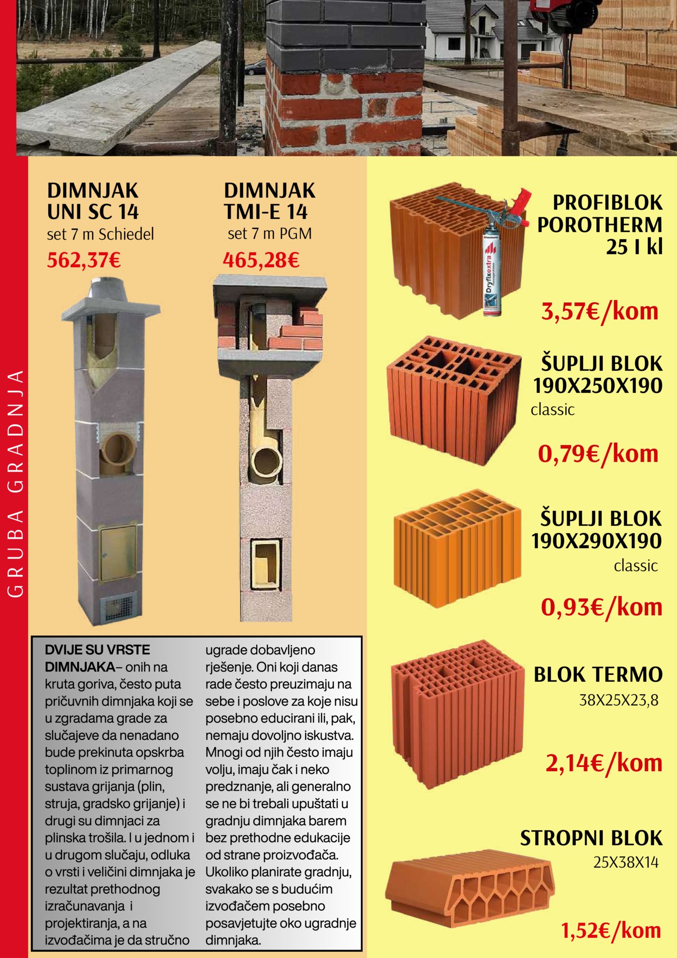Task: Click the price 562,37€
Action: click(x=84, y=261)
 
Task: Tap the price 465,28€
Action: click(x=261, y=261)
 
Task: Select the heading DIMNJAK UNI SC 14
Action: click(x=93, y=201)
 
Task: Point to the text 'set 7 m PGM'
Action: click(x=270, y=234)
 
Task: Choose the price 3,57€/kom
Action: click(x=600, y=311)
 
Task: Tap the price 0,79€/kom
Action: click(x=598, y=454)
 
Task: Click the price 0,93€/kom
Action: click(x=601, y=607)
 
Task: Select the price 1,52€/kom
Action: click(x=611, y=930)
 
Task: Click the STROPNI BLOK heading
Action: click(x=591, y=838)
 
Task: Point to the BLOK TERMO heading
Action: click(x=598, y=674)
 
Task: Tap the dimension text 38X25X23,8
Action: click(x=618, y=700)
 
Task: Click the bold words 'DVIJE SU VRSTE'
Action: click(x=97, y=650)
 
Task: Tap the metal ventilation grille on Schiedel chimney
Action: click(x=116, y=609)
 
